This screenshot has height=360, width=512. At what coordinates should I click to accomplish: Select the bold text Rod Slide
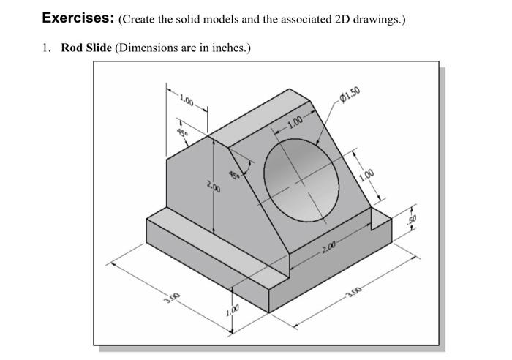[x=86, y=48]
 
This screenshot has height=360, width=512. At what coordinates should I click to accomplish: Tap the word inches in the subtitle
[x=228, y=48]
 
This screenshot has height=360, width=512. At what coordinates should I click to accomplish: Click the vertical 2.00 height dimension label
[x=211, y=188]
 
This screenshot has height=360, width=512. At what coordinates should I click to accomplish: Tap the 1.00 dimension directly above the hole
[x=295, y=121]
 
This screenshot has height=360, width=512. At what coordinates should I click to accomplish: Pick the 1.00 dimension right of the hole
[x=367, y=175]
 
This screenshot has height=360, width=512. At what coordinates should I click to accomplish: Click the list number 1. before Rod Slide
[x=46, y=48]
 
